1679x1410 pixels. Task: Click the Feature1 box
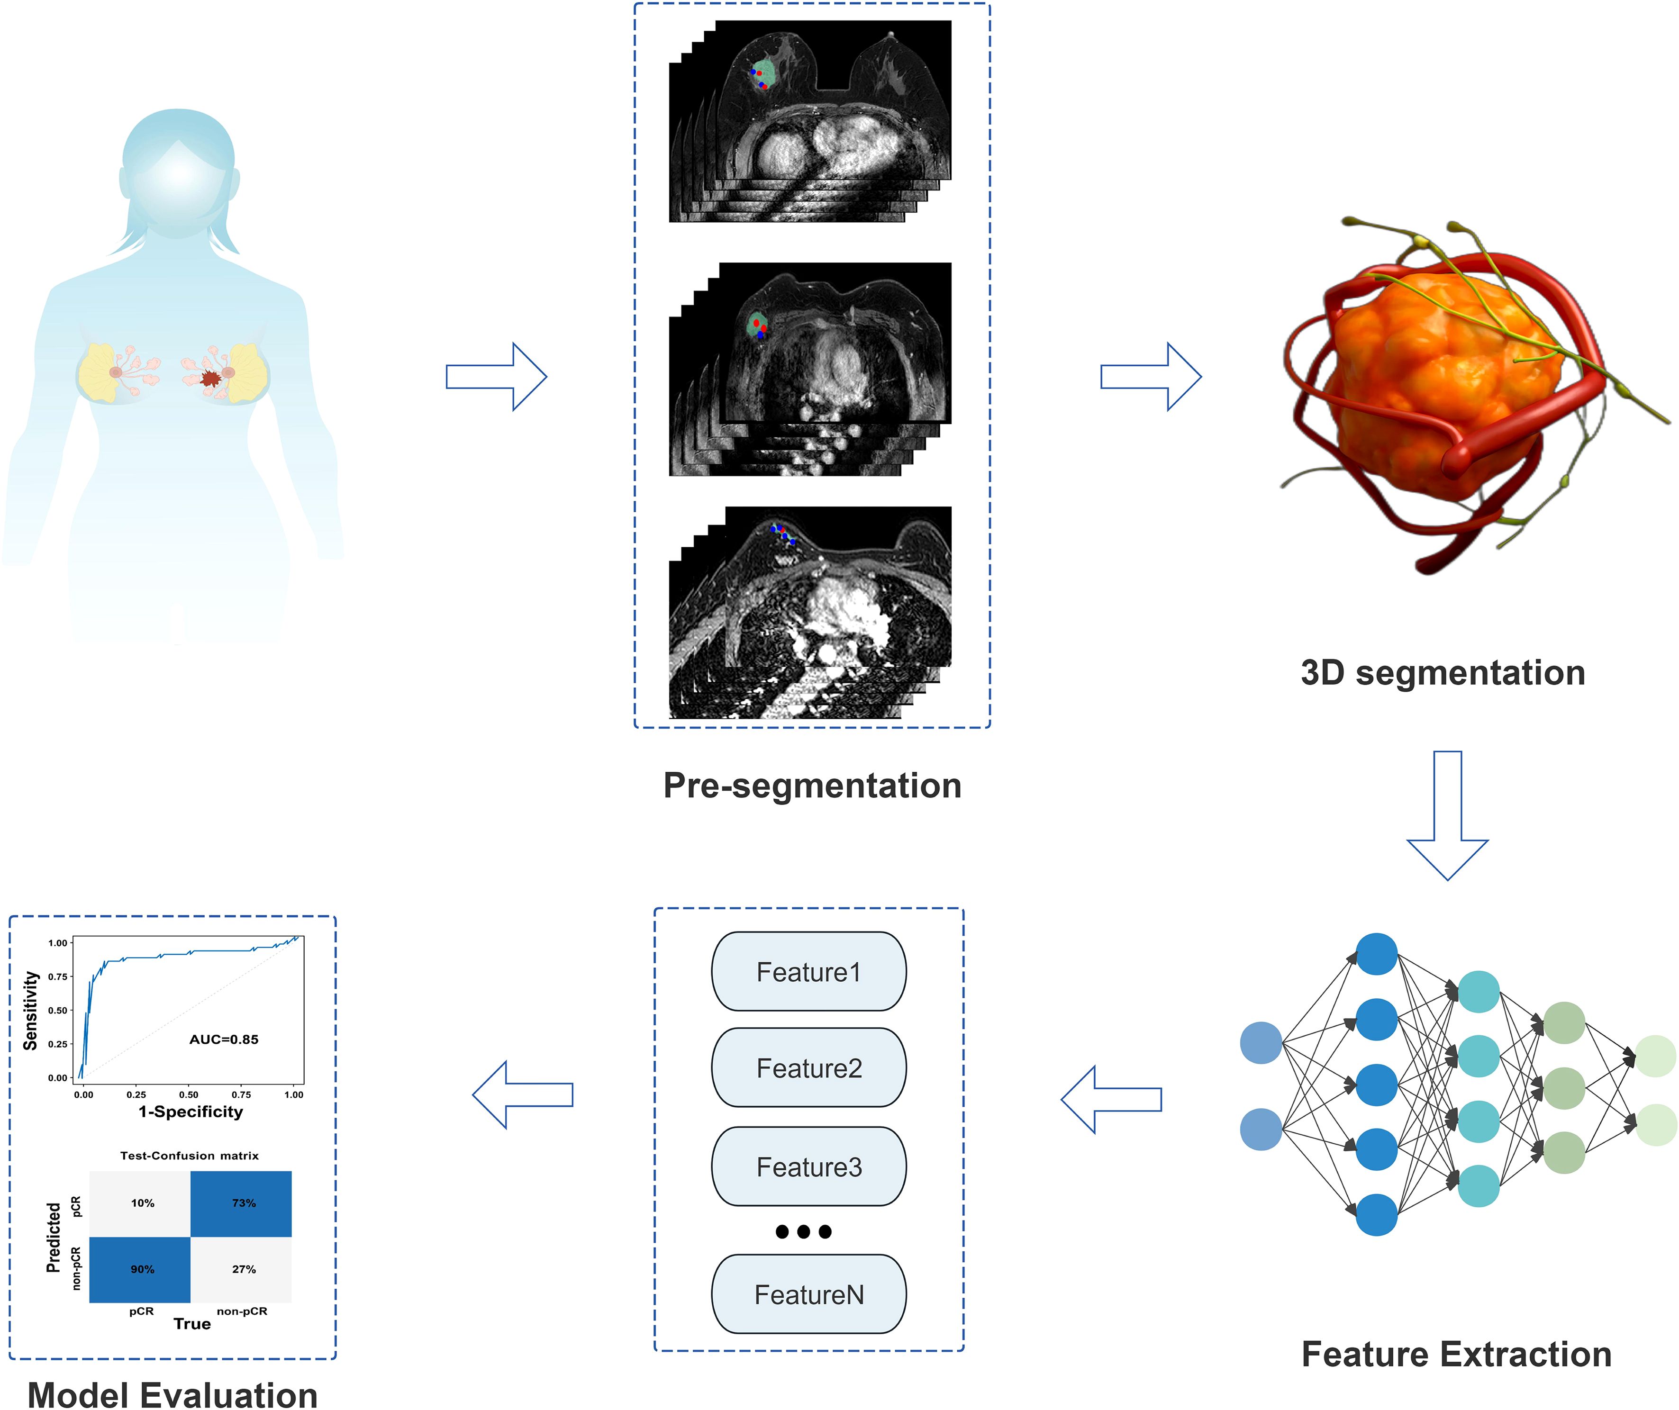[x=808, y=972]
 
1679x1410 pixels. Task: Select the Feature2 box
[x=808, y=1068]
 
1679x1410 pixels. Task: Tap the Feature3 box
[x=808, y=1167]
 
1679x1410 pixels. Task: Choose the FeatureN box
[x=808, y=1294]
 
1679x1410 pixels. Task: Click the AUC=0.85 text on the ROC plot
[x=224, y=1039]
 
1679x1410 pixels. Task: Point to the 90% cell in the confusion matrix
[x=141, y=1269]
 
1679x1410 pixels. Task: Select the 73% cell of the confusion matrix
[x=242, y=1203]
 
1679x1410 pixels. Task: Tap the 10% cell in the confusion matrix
[x=141, y=1203]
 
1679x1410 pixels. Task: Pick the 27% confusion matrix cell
[x=242, y=1269]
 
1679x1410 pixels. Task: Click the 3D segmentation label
[x=1443, y=673]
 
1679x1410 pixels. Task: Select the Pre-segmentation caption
[x=811, y=786]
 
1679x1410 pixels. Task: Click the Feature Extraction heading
[x=1456, y=1354]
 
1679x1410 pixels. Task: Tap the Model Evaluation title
[x=172, y=1394]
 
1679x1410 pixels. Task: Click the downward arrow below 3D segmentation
[x=1447, y=815]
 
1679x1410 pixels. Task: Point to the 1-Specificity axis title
[x=191, y=1112]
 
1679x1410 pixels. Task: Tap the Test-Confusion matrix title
[x=190, y=1156]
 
